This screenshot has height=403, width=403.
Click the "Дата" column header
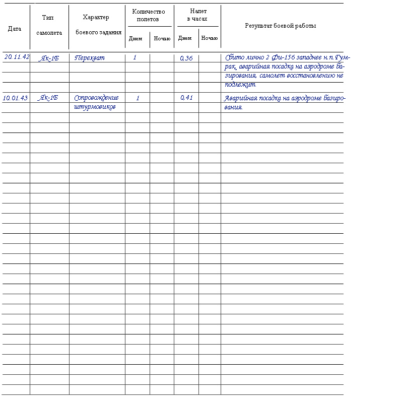(15, 29)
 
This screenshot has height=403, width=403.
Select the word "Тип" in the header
(48, 18)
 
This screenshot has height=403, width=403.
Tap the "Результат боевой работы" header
(281, 26)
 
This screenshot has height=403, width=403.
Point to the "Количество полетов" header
(148, 16)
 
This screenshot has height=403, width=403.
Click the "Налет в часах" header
(198, 15)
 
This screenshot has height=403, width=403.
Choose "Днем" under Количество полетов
(136, 39)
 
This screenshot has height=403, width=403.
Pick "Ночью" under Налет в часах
(210, 38)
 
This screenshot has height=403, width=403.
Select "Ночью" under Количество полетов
(162, 39)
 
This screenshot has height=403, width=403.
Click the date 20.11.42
(17, 57)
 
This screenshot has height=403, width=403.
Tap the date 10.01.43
(15, 98)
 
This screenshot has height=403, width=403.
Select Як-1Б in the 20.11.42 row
(49, 58)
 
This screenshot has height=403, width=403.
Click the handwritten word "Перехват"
(90, 58)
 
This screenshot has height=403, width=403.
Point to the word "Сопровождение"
(96, 98)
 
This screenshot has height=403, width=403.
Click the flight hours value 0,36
(186, 58)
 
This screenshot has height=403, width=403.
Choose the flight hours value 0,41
(186, 98)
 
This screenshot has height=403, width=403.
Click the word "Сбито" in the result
(234, 57)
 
